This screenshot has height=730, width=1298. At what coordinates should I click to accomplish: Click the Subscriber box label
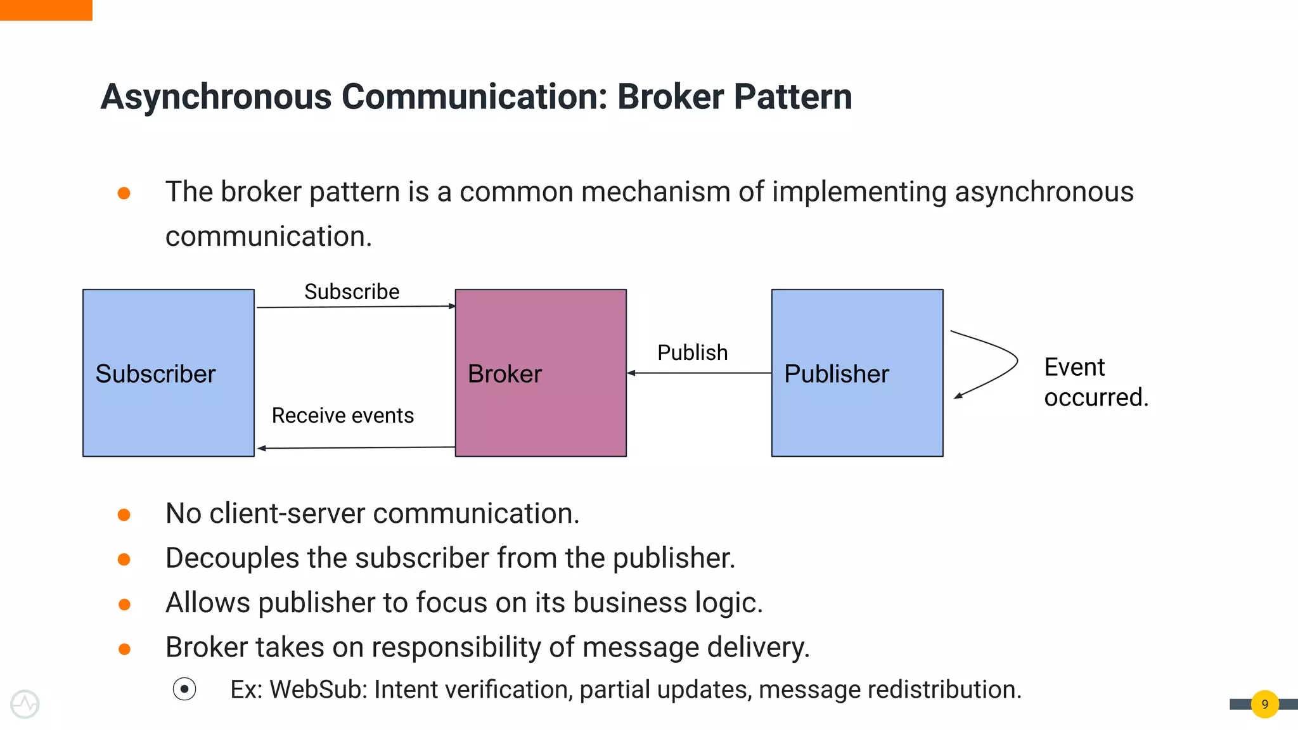click(155, 374)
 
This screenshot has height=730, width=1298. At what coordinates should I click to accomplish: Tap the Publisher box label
click(836, 374)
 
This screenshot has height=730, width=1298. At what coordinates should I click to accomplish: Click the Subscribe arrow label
click(352, 291)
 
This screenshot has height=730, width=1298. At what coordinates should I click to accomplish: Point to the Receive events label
click(342, 416)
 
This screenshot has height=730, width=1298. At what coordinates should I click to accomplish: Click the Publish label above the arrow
click(692, 352)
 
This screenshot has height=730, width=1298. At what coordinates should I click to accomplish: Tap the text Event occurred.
click(1095, 382)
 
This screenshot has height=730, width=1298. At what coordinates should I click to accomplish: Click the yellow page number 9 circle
click(1264, 704)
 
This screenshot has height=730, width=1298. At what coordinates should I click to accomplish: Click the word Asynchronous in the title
click(216, 97)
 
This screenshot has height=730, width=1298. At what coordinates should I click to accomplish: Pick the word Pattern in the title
click(792, 97)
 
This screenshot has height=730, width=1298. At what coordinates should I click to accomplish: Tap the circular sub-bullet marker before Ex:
click(184, 689)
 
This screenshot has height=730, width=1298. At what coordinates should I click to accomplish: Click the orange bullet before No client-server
click(124, 515)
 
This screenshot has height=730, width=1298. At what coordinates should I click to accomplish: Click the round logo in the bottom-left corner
click(25, 704)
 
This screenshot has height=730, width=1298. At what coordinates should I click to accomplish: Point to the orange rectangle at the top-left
click(46, 10)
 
